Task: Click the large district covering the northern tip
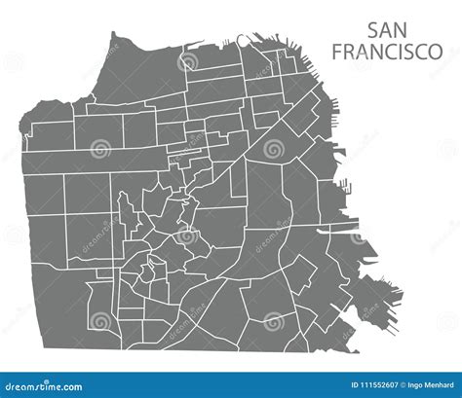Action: tap(136, 73)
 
